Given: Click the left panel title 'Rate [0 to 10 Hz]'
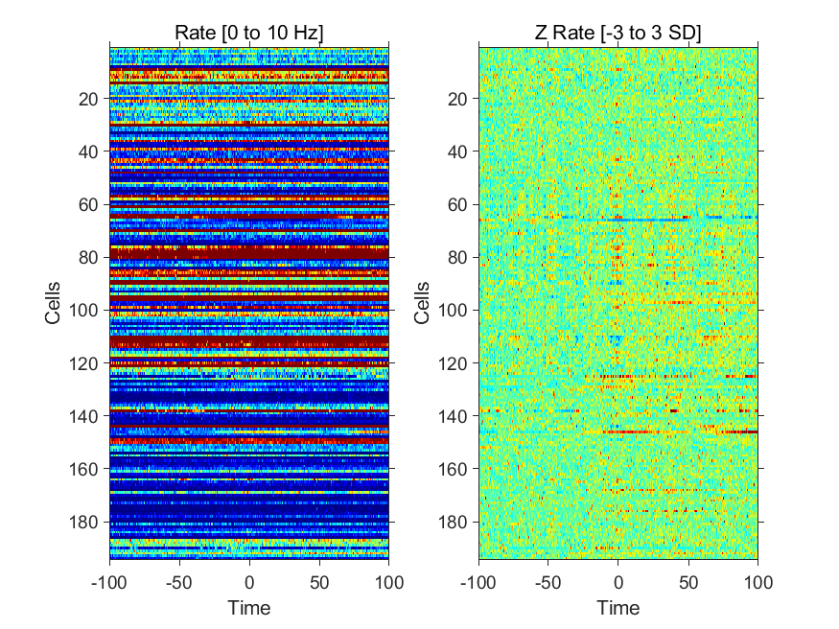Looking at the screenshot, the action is point(248,33).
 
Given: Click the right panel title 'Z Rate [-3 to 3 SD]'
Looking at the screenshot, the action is point(618,33).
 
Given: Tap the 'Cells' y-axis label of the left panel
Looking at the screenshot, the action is point(53,303).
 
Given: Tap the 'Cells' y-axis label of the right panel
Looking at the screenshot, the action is point(422,303).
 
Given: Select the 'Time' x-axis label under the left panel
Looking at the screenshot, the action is point(248,608).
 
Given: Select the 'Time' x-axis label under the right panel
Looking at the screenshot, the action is point(618,608).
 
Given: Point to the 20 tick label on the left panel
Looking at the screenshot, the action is point(88,99).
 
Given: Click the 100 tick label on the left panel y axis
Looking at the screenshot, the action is point(83,311).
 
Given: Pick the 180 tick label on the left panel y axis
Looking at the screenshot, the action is point(83,522).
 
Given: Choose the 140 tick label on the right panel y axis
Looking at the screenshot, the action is point(453,416).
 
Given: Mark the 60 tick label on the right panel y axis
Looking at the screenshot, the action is point(457,204).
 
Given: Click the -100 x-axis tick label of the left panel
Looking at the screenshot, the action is point(109,582).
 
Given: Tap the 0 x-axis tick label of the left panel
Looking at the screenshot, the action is point(249,582).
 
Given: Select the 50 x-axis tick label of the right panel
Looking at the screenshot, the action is point(688,582).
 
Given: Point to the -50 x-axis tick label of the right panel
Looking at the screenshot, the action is point(548,582).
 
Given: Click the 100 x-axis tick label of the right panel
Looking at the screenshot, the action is point(757,582).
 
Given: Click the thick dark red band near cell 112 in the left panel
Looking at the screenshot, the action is point(248,342).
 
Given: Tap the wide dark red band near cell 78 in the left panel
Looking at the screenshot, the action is point(248,252).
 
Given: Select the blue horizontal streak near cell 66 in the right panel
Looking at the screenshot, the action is point(626,220).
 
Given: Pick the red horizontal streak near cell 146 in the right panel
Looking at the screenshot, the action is point(680,431).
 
